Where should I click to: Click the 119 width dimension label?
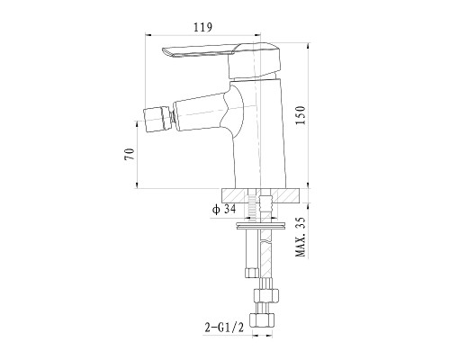click(202, 27)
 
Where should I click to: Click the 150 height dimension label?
click(301, 115)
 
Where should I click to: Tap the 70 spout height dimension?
click(130, 154)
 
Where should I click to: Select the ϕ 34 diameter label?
click(224, 209)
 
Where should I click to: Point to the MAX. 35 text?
click(301, 237)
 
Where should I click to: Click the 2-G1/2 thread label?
click(224, 327)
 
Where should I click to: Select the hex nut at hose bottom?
click(262, 320)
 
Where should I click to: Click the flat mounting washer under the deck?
click(261, 225)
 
